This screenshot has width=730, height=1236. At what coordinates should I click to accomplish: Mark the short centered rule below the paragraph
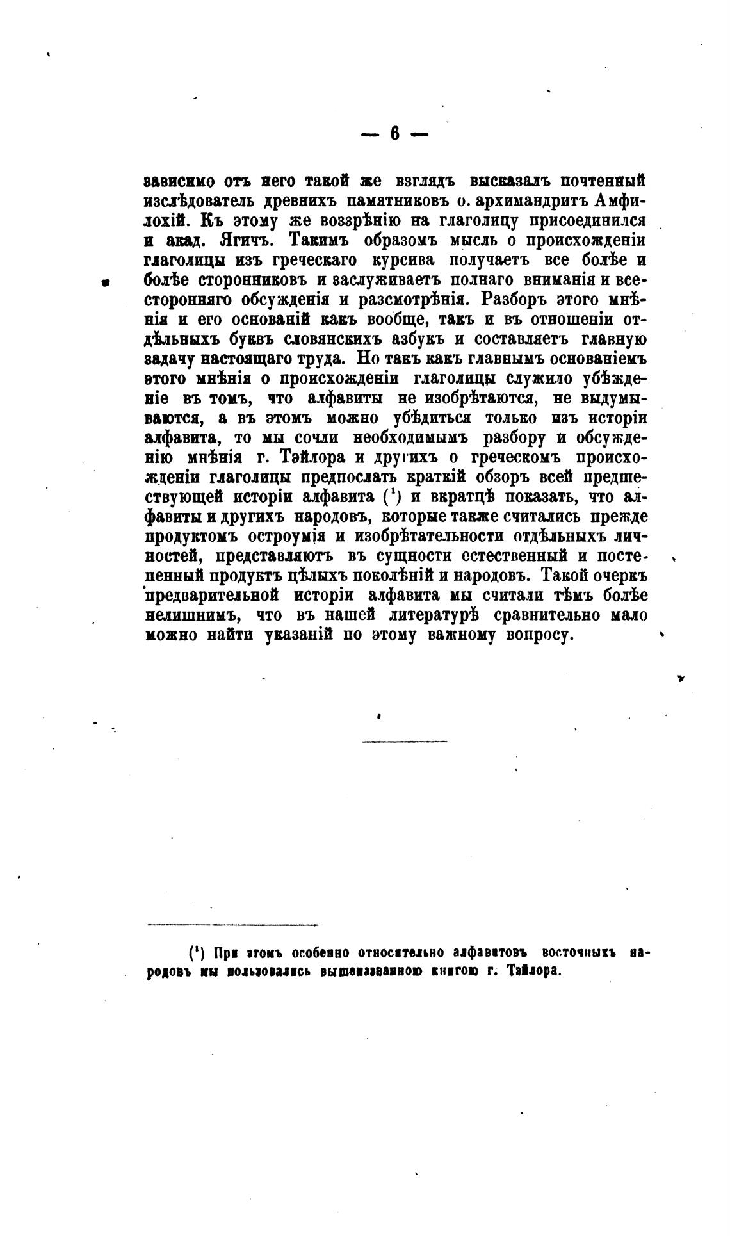pos(404,742)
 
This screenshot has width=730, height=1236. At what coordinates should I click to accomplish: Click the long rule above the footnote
pos(232,925)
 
